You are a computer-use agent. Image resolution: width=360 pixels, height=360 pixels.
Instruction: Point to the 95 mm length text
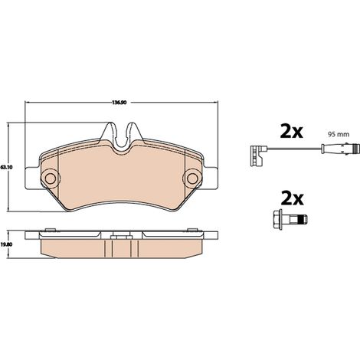coord(339,134)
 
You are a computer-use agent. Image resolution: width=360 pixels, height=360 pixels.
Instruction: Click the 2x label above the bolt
coord(293,198)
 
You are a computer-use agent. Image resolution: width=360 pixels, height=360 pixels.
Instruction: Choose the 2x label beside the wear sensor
coord(292,132)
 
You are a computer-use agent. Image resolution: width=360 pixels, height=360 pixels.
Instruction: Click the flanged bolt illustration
coord(290,219)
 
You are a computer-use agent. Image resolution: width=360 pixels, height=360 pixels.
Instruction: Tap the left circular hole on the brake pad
coord(51,178)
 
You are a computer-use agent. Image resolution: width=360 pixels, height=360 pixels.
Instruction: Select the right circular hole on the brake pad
coord(192,178)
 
